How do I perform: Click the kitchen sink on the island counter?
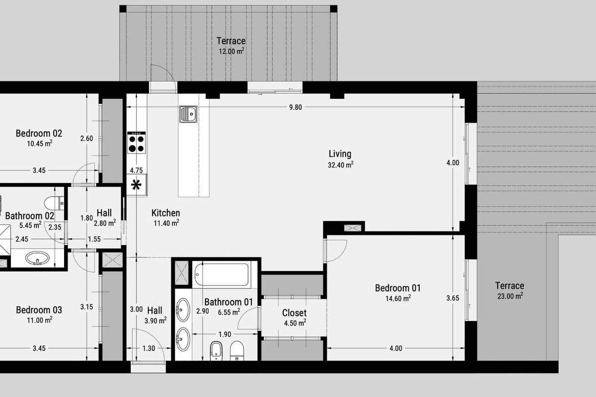[188, 114]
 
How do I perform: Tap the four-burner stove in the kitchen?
[137, 142]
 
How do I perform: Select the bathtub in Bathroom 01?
[222, 274]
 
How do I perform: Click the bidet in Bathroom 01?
[216, 351]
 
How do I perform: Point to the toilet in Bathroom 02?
[54, 203]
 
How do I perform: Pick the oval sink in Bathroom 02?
[37, 258]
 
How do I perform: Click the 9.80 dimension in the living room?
[296, 107]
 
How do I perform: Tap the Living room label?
[340, 154]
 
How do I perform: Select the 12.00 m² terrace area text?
[231, 51]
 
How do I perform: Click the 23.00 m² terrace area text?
[510, 296]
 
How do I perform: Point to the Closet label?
[294, 313]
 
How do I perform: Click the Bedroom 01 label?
[398, 288]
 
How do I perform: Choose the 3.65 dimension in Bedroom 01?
[453, 298]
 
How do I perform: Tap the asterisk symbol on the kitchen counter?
[136, 185]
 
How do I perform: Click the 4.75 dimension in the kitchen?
[136, 170]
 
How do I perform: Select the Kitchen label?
[165, 213]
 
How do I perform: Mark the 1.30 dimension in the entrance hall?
[149, 348]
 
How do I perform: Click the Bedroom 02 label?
[39, 133]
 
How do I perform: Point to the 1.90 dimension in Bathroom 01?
[224, 334]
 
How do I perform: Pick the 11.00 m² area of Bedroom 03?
[39, 320]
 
